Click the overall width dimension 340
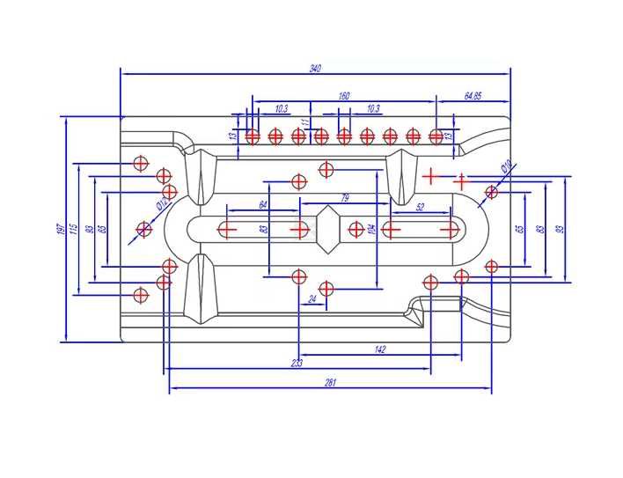[x=314, y=68]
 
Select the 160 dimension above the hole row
[x=343, y=95]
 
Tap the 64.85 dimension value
[x=472, y=95]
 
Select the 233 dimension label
[x=297, y=363]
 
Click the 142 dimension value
[x=379, y=349]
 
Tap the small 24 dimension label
[x=311, y=299]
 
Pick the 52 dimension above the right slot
[x=419, y=207]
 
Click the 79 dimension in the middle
[x=344, y=197]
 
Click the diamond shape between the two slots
[x=327, y=229]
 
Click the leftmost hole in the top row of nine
[x=253, y=136]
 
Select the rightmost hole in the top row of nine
[x=436, y=136]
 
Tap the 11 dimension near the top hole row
[x=305, y=122]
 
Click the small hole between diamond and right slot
[x=355, y=230]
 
